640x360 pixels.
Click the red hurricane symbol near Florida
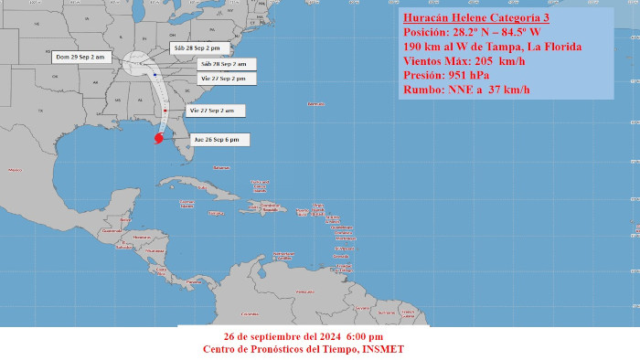(x=158, y=139)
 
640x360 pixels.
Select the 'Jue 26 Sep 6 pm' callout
(x=217, y=139)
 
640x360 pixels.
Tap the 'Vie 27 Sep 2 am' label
(x=210, y=111)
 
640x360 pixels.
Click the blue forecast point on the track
(x=155, y=75)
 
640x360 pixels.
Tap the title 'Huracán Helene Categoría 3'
(x=475, y=17)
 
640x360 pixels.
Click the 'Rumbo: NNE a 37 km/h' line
(x=465, y=90)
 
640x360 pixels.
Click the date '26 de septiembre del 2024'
(x=265, y=336)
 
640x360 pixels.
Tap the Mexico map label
(x=14, y=170)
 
